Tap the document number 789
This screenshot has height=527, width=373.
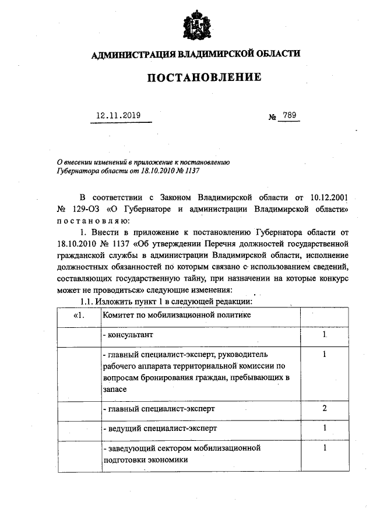[x=290, y=115]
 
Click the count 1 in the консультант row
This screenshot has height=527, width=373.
[x=324, y=336]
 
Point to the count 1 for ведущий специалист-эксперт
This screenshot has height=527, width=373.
[x=324, y=428]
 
